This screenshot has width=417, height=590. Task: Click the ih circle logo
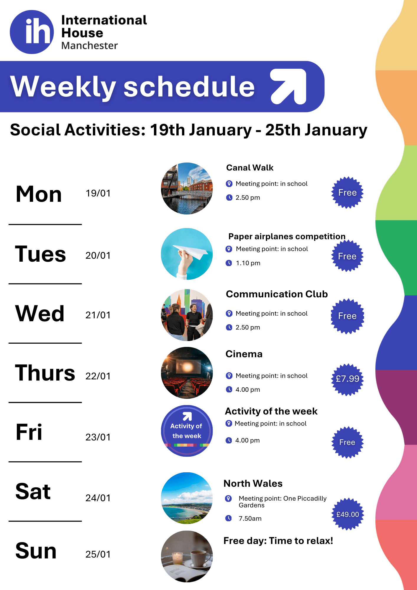click(32, 32)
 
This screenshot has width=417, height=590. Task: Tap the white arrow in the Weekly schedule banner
click(288, 86)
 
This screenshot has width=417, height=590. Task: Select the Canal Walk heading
click(250, 168)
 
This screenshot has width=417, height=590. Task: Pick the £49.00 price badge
click(348, 514)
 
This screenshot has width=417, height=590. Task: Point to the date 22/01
click(98, 376)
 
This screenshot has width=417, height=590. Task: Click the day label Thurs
click(45, 373)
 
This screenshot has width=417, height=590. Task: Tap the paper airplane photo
click(187, 254)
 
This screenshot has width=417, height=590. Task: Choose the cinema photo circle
click(187, 373)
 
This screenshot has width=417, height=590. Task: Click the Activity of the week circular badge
click(187, 431)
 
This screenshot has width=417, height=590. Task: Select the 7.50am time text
click(250, 518)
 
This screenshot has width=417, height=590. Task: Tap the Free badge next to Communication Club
click(347, 316)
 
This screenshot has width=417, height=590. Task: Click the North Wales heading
click(253, 484)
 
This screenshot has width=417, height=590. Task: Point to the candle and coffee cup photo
click(187, 556)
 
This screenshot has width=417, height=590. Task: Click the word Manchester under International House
click(89, 46)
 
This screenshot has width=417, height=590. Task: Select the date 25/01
click(98, 554)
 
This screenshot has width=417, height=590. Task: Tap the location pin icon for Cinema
click(229, 376)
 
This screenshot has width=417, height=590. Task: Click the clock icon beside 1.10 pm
click(229, 263)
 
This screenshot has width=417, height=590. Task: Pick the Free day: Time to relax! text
click(278, 541)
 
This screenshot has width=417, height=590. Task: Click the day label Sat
click(33, 491)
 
